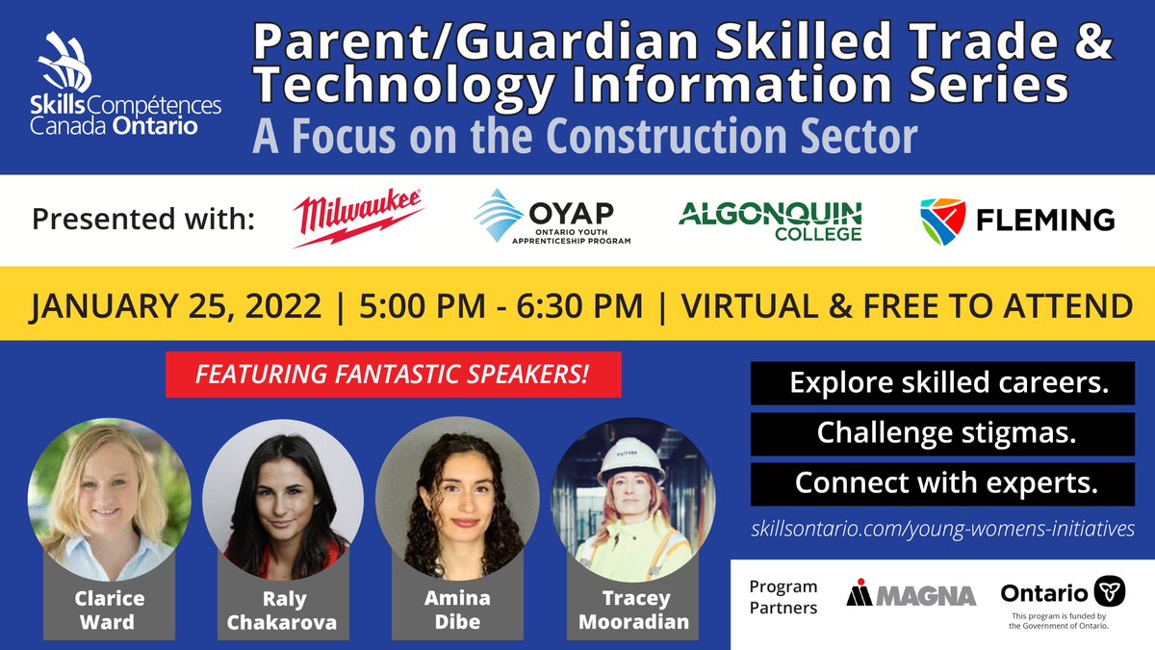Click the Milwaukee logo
tap(358, 219)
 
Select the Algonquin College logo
tap(770, 219)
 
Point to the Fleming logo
tap(1016, 219)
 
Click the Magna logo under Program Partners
tap(911, 594)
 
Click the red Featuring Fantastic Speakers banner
tap(393, 375)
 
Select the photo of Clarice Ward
tap(109, 499)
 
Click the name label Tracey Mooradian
tap(632, 611)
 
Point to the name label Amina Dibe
tap(457, 611)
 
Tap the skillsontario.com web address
tap(942, 529)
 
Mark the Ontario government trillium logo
tap(1110, 592)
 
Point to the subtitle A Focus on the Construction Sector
tap(584, 138)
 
